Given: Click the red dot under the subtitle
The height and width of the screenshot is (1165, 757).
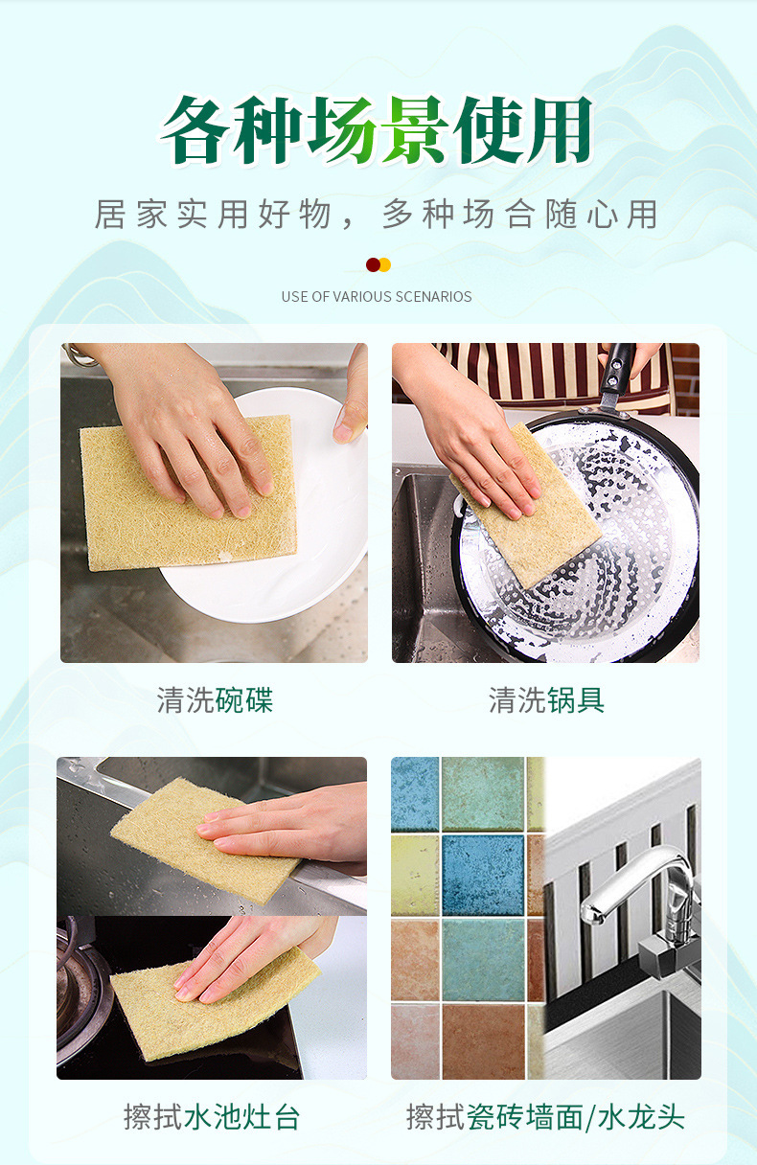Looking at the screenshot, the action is [373, 264].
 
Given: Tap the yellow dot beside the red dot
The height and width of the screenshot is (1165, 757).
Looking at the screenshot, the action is [385, 264].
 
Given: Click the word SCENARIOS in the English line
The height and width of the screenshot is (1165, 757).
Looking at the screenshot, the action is [433, 296].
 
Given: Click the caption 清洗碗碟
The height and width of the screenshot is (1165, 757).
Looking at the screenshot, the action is [215, 700].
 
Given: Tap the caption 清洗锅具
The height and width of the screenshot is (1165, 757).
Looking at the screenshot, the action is [546, 700].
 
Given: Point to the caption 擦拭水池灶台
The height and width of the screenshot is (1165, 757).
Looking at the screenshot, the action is [212, 1117].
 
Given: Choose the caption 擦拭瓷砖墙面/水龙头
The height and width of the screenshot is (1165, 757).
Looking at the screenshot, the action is [545, 1117].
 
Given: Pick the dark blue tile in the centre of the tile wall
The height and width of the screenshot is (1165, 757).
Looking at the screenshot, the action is [483, 875].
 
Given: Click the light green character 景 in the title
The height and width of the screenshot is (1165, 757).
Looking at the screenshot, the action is [412, 130].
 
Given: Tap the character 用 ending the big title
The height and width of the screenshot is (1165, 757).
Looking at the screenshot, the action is [559, 130].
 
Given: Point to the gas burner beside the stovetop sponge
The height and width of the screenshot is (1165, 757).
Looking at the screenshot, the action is [80, 988].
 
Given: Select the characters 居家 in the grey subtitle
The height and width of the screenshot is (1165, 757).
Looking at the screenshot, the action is [130, 215].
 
